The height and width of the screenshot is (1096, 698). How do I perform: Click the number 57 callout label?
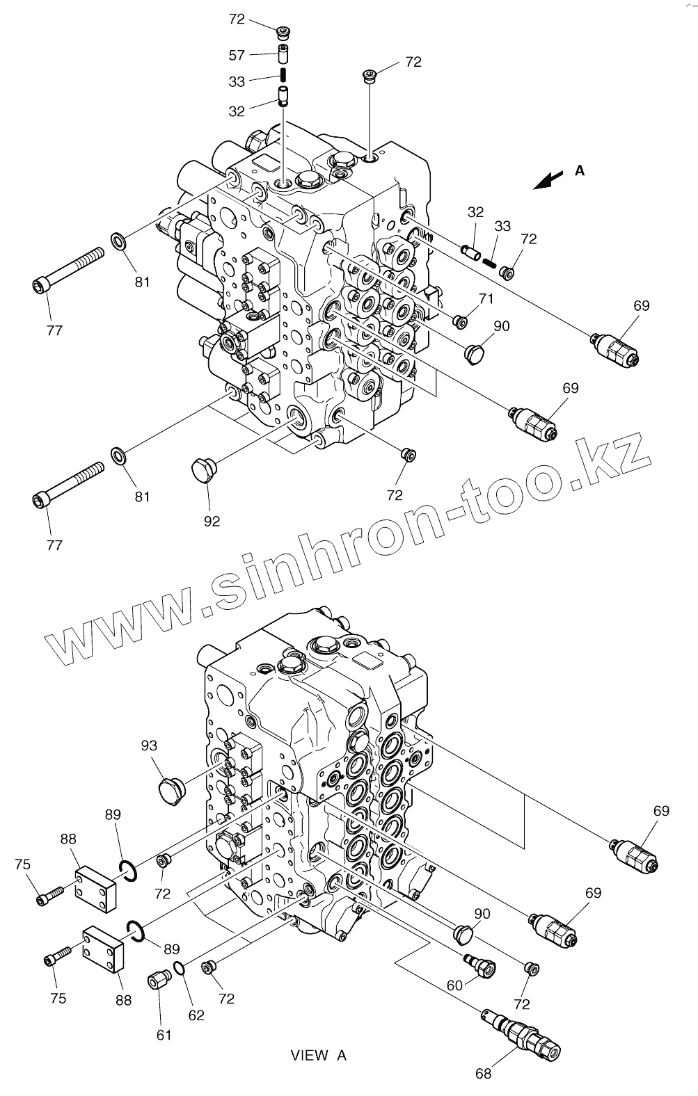click(237, 54)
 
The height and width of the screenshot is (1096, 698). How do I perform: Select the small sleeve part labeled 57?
click(283, 52)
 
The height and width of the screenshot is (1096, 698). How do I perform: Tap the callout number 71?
click(485, 299)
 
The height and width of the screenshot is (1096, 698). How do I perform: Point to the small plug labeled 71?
click(459, 320)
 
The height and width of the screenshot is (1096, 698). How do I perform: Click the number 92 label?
click(212, 520)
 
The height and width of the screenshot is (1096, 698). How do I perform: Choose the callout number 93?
click(148, 746)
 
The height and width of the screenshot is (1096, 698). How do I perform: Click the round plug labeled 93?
click(170, 791)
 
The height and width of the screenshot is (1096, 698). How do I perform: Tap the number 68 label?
click(483, 1073)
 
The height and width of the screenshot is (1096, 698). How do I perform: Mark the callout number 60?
click(455, 985)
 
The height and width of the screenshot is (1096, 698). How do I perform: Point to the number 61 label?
click(164, 1035)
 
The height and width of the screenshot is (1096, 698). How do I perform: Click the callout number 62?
click(197, 1015)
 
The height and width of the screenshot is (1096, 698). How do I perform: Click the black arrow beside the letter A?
click(548, 179)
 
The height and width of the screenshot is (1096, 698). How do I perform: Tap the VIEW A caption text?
click(318, 1056)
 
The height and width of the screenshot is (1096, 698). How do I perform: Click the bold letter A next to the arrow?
click(580, 170)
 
